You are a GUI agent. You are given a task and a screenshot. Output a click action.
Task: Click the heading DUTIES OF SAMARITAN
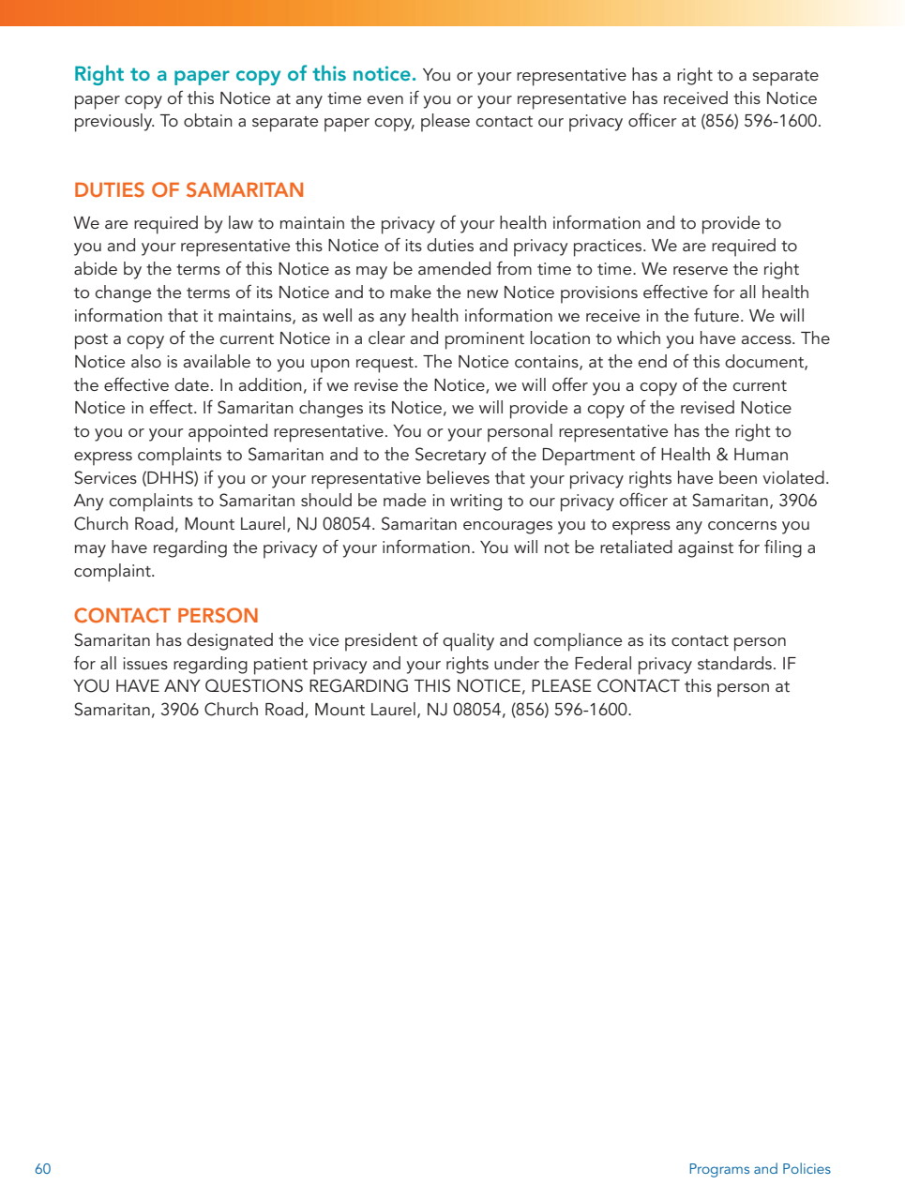coord(189,190)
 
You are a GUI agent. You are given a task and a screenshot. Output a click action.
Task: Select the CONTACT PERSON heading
coord(166,616)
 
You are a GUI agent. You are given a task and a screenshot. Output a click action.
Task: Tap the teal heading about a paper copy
coord(245,75)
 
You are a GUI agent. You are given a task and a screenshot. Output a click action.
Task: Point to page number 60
coord(43,1169)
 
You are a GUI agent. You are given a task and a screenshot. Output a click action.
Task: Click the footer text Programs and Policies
coord(759,1169)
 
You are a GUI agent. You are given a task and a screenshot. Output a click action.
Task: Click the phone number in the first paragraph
coord(760,122)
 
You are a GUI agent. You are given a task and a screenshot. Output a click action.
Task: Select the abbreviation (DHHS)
coord(170,478)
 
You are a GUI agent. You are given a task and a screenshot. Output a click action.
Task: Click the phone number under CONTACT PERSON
coord(570,710)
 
